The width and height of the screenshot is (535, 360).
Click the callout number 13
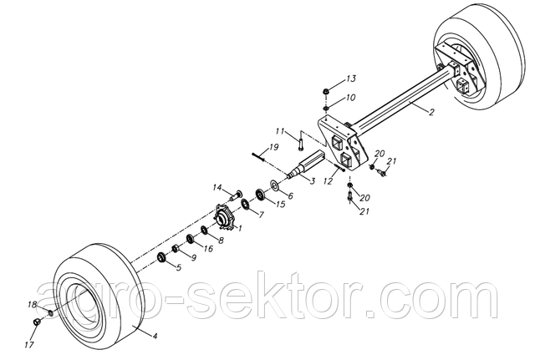click(x=351, y=79)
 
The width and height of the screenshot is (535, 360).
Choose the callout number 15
click(x=281, y=204)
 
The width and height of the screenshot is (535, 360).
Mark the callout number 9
click(x=193, y=257)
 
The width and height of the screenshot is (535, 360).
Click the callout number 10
click(x=351, y=98)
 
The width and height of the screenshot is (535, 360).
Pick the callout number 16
click(x=208, y=248)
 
